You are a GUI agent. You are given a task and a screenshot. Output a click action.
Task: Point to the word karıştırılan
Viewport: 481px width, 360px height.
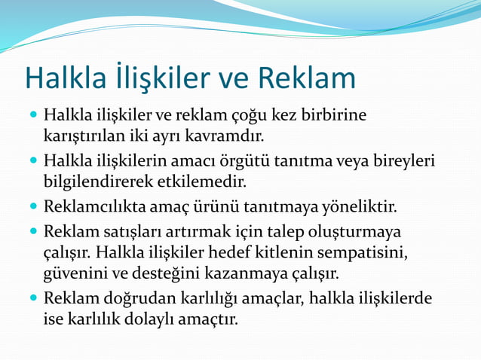click(84, 137)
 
